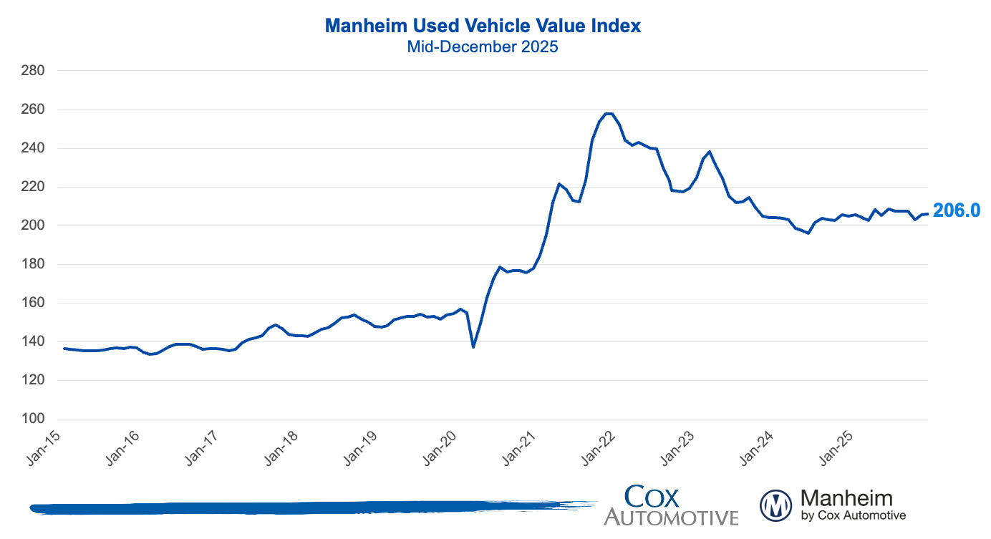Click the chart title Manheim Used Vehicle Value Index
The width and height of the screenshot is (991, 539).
[x=483, y=26]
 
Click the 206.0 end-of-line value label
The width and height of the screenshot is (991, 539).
[x=956, y=210]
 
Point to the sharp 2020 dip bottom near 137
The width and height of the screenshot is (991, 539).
[x=473, y=347]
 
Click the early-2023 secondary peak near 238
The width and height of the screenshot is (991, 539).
[x=709, y=152]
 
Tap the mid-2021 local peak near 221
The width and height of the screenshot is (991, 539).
[x=559, y=184]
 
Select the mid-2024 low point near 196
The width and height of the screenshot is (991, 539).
[x=808, y=233]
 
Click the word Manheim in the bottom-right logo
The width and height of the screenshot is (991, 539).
[x=846, y=498]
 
